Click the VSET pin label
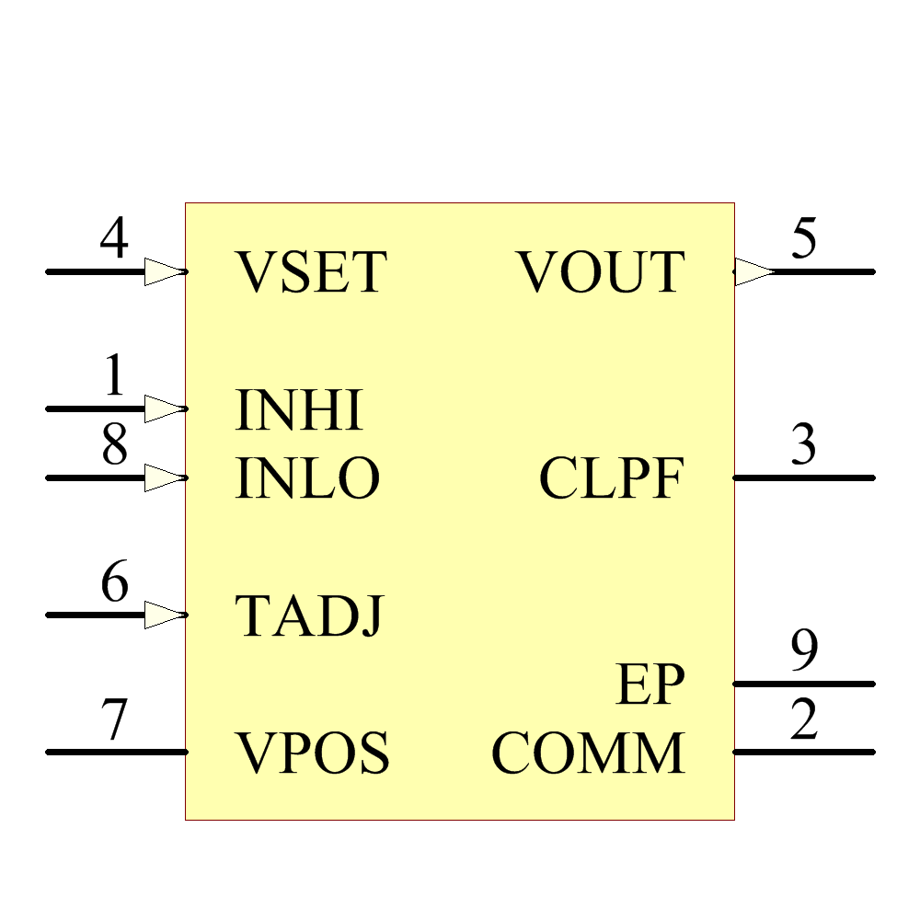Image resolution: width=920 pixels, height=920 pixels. point(311,271)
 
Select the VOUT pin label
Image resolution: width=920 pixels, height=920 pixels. point(600,271)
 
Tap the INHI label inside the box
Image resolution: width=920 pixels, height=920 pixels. point(299,409)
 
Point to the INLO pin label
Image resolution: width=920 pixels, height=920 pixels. point(307,478)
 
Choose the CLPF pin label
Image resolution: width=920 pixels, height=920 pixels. point(612,478)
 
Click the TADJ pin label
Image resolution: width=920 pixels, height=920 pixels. point(309,615)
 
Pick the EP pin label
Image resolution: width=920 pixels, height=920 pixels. point(650,684)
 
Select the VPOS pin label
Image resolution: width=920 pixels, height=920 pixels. point(312,753)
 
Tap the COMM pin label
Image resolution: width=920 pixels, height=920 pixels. point(589,753)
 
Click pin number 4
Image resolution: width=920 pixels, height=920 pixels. point(114,237)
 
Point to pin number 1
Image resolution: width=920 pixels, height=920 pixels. point(114,374)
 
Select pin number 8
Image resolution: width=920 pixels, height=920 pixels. point(114,443)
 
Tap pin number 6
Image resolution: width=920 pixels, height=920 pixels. point(114,581)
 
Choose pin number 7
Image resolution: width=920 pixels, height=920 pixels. point(114,719)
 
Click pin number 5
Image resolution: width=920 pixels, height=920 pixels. point(804,237)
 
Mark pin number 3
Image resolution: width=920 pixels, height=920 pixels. point(804,443)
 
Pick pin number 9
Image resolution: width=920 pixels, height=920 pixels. point(804,650)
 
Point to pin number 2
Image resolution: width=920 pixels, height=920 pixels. point(804,719)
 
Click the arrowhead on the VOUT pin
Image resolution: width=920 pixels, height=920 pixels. point(754,271)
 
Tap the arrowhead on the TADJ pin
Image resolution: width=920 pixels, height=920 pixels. point(166,615)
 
